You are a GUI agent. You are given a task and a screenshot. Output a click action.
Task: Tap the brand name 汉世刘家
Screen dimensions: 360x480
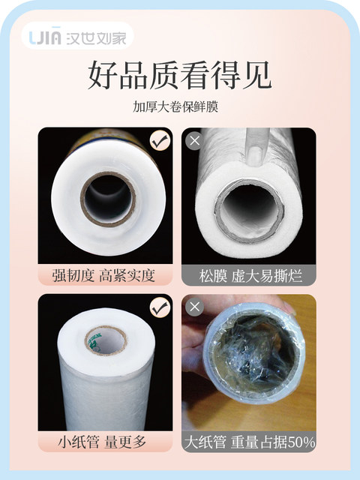[x=96, y=37]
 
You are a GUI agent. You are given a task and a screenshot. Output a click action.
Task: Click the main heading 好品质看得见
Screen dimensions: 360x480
[x=180, y=75]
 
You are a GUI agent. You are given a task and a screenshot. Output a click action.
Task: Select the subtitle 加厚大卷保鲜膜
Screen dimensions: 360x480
[x=175, y=106]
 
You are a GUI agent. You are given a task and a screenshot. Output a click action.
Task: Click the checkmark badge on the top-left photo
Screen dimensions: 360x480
[x=160, y=140]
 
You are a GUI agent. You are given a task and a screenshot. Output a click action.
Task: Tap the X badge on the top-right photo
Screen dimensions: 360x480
[x=195, y=141]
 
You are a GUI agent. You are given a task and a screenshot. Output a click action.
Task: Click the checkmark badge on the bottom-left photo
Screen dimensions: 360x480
[x=160, y=307]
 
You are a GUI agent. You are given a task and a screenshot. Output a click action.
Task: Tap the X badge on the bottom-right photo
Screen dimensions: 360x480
[x=195, y=307]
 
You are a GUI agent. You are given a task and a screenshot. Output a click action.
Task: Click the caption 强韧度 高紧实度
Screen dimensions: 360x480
[x=103, y=275]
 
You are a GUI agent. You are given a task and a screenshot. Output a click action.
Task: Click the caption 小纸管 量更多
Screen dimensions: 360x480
[x=102, y=442]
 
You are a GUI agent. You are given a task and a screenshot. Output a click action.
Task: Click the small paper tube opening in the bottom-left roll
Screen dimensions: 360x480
[x=106, y=340]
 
